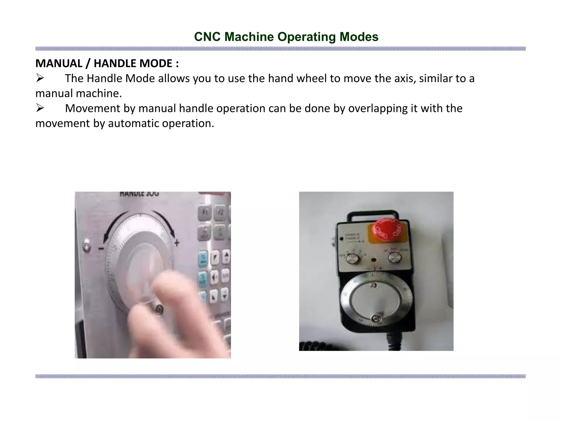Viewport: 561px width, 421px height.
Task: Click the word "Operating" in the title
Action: pos(307,37)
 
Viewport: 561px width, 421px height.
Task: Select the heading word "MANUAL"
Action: pos(59,63)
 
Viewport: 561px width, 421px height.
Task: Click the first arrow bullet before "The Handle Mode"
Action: pos(40,78)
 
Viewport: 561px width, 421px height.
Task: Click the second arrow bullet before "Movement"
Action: pos(40,108)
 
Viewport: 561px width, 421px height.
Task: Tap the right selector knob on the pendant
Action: pos(395,258)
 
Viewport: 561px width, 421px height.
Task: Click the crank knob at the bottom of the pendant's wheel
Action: pos(376,318)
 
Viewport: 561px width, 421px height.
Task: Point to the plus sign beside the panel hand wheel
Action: pos(177,243)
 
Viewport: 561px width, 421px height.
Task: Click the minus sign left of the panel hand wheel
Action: pos(101,248)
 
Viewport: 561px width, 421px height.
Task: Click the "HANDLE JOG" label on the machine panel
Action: pos(139,194)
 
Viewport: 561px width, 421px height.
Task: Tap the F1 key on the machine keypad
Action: pos(205,213)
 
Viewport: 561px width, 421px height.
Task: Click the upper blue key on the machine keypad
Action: pos(203,258)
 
